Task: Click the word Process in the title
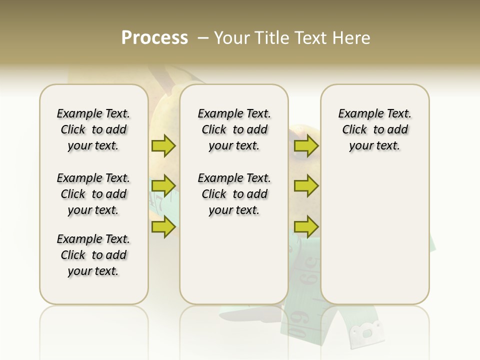(x=154, y=38)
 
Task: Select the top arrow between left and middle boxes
(x=163, y=146)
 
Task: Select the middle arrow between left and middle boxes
(x=163, y=186)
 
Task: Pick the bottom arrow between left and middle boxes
(x=163, y=226)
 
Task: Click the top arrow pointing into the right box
(x=306, y=146)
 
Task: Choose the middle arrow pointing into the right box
(x=306, y=186)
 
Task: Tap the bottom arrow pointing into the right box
(x=306, y=226)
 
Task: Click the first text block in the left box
(x=93, y=129)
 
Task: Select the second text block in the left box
(x=93, y=194)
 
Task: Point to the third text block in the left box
(x=93, y=255)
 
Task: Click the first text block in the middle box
(x=234, y=129)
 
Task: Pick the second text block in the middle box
(x=234, y=194)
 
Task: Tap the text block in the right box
(x=374, y=129)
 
